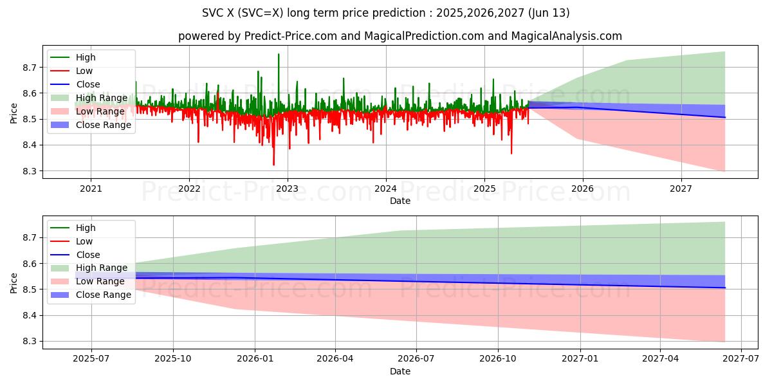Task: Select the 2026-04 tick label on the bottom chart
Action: pos(335,359)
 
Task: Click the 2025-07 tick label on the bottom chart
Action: pos(91,359)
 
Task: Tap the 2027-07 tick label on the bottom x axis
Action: pos(741,359)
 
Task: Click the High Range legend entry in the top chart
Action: pos(95,98)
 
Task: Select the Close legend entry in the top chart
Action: pos(88,84)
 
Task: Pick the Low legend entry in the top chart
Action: pos(84,71)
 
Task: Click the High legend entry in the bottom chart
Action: pos(86,228)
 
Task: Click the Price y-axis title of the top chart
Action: pos(14,113)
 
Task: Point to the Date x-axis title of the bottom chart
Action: pos(400,371)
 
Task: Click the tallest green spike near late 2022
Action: pos(279,55)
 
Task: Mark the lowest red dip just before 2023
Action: pos(273,165)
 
